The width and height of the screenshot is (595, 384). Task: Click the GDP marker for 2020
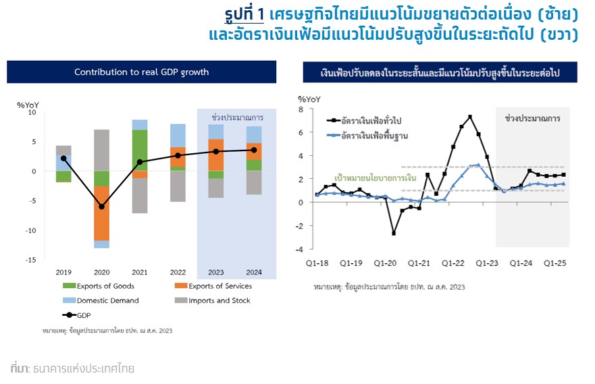pyautogui.click(x=101, y=207)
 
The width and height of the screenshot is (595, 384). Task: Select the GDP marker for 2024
pyautogui.click(x=254, y=150)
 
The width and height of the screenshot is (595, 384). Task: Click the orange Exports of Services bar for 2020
pyautogui.click(x=101, y=213)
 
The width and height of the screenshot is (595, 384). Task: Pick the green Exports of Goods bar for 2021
pyautogui.click(x=140, y=150)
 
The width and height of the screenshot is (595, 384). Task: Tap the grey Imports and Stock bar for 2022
pyautogui.click(x=178, y=186)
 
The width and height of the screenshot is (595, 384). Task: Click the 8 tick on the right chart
pyautogui.click(x=301, y=109)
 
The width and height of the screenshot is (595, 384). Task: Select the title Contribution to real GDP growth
pyautogui.click(x=141, y=72)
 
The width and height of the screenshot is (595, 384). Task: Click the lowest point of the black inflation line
pyautogui.click(x=394, y=233)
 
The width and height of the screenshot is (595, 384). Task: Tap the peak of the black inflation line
pyautogui.click(x=470, y=116)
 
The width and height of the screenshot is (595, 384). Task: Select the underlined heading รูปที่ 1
pyautogui.click(x=244, y=13)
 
